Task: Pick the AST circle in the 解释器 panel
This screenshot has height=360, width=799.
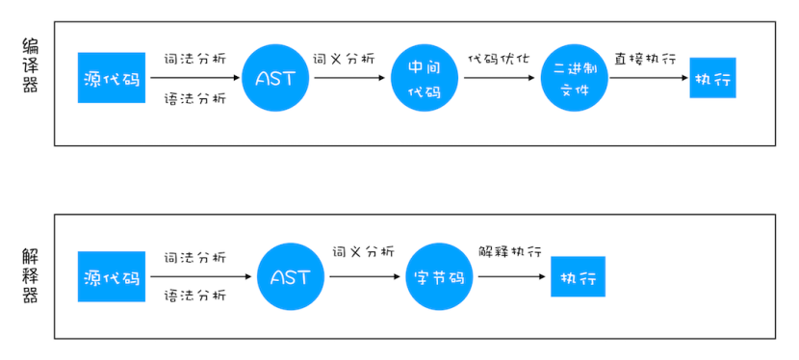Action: [291, 277]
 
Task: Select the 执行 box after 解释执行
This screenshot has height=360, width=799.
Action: [578, 278]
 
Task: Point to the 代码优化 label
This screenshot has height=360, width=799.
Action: [499, 58]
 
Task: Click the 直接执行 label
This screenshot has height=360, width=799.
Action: [645, 58]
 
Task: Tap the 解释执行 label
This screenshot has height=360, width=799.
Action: [510, 253]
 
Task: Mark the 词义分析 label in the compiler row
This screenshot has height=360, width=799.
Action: [344, 58]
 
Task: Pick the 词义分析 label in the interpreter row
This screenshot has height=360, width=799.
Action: [363, 253]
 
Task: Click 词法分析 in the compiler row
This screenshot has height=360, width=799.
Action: [195, 58]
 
